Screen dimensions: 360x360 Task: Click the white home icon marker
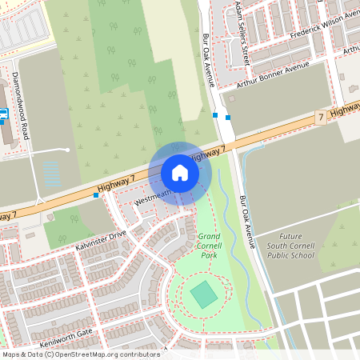[180, 173]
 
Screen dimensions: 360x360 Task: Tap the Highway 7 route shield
[320, 117]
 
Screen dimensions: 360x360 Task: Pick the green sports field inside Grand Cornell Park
[204, 295]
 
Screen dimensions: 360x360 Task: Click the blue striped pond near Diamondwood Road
[51, 174]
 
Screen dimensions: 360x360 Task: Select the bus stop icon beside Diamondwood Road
[3, 114]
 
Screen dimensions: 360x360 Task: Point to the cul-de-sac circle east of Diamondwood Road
[68, 150]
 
